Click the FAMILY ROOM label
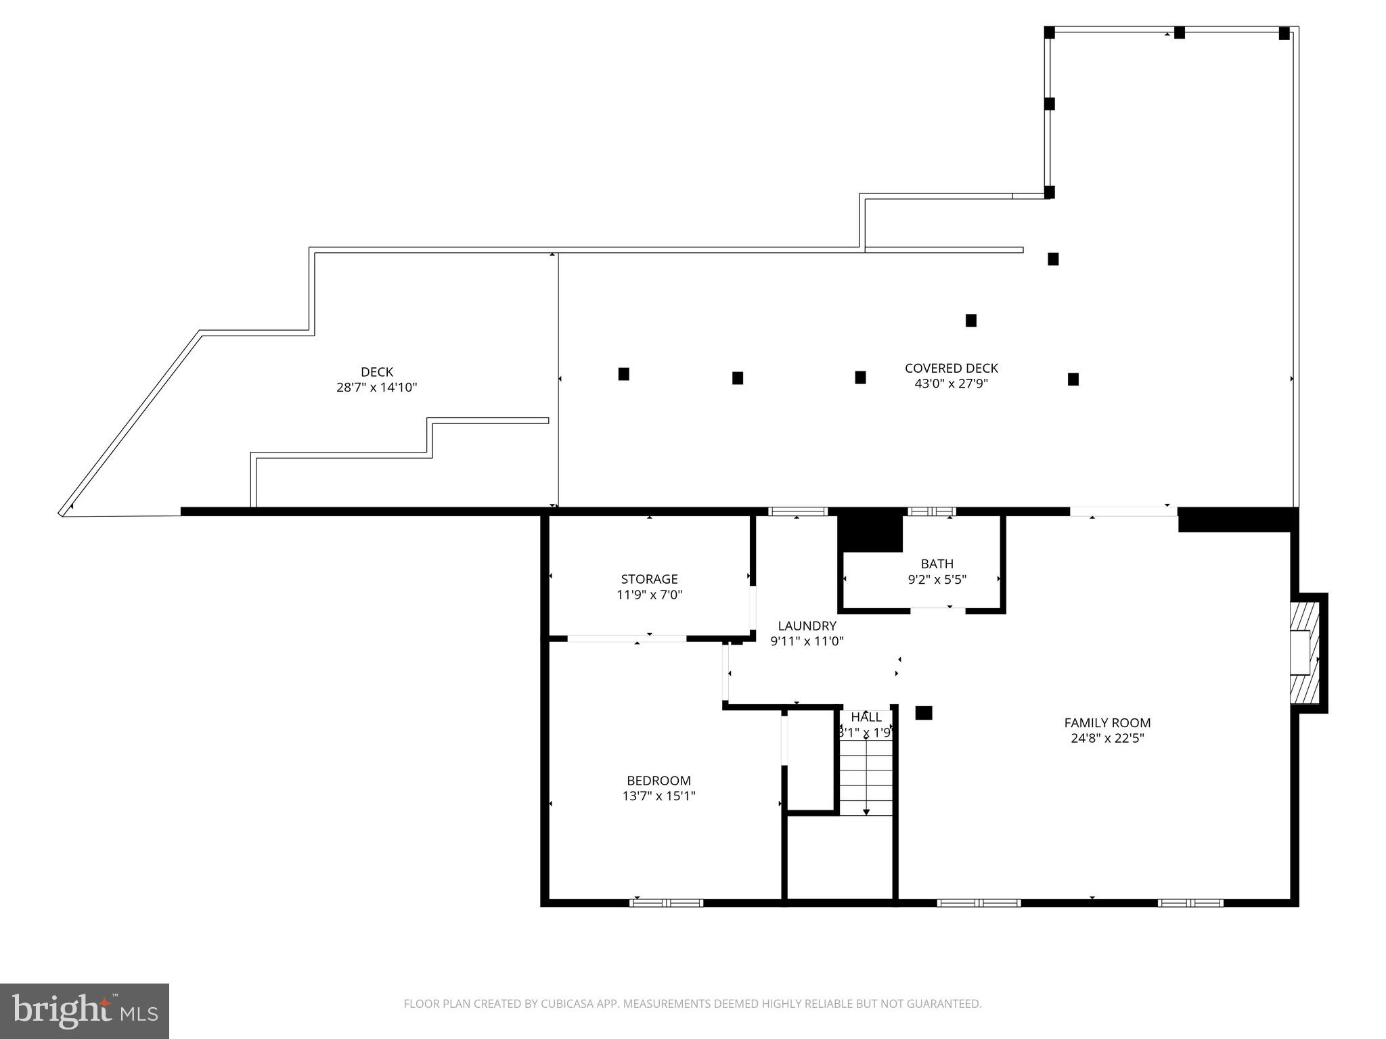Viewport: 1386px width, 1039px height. click(x=1107, y=722)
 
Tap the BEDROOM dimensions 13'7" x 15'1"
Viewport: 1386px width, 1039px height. click(x=658, y=796)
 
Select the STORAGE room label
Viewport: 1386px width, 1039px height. click(x=649, y=579)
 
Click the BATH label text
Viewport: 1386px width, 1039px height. click(x=937, y=563)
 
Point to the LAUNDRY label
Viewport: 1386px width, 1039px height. click(x=807, y=626)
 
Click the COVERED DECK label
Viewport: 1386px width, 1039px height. click(x=951, y=368)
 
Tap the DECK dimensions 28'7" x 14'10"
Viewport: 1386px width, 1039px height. click(x=376, y=388)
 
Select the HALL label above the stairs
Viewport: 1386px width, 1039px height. click(x=866, y=717)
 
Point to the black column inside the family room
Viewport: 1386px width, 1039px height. click(x=923, y=712)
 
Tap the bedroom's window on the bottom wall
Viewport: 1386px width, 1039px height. click(x=666, y=902)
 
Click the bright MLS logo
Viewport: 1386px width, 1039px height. click(x=85, y=1011)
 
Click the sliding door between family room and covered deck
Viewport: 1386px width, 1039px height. click(x=1123, y=511)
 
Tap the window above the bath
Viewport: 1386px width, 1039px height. click(x=931, y=511)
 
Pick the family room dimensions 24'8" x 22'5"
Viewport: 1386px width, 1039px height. click(x=1107, y=739)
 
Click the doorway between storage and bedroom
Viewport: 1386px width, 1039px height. click(x=627, y=638)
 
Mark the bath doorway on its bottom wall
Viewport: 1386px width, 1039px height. click(x=937, y=610)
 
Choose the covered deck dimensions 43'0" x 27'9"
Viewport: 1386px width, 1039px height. click(x=951, y=384)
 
